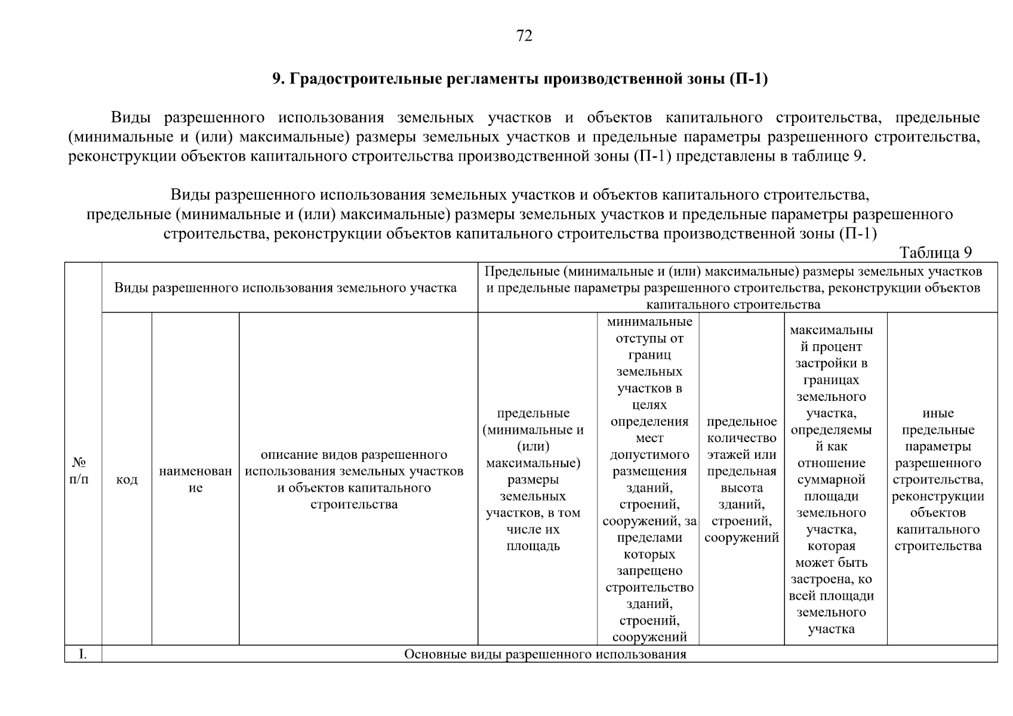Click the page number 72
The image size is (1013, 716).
[524, 36]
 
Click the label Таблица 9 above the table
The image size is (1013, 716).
[935, 252]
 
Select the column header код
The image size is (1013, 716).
[127, 480]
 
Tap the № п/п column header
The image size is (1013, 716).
[80, 471]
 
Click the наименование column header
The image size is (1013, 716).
[195, 479]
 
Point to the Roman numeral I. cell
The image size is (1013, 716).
[82, 655]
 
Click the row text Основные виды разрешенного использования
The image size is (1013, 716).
[545, 655]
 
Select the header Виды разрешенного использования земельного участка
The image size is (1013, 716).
[285, 288]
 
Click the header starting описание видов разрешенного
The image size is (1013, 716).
[354, 479]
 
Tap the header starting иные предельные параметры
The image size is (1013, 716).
[938, 479]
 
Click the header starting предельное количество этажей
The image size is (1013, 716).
[741, 479]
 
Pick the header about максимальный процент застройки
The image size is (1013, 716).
[831, 479]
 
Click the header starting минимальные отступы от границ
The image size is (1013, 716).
[649, 479]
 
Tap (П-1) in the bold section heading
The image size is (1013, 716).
[749, 79]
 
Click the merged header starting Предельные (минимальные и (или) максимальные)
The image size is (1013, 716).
[733, 288]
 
